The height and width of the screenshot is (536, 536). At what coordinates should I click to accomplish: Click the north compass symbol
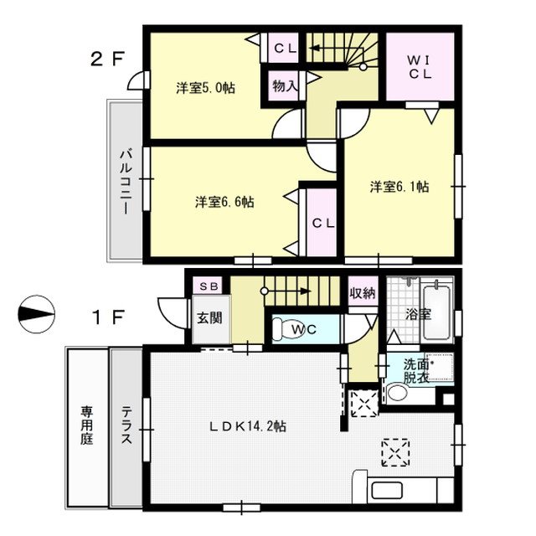36,314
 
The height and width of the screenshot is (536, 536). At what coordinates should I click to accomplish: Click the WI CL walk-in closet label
420,68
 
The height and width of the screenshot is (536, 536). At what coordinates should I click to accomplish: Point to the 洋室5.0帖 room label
206,89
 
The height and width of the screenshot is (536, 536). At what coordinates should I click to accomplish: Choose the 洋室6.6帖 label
224,202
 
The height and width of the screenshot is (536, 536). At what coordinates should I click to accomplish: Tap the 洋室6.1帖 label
399,187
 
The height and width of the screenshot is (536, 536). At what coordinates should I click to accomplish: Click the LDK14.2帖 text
248,426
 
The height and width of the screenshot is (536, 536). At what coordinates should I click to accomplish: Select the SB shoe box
208,286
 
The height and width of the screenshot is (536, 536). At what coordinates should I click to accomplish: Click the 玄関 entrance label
209,318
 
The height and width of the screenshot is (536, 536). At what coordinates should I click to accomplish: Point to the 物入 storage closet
284,86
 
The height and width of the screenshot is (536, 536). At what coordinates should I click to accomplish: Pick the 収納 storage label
363,293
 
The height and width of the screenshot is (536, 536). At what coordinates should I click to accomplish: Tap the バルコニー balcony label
125,182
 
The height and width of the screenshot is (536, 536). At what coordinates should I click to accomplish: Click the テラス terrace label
126,425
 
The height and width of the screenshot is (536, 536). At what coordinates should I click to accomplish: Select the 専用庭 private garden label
86,425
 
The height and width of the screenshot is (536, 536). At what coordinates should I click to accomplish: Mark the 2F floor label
106,60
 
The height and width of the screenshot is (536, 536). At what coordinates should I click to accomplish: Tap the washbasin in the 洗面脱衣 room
398,393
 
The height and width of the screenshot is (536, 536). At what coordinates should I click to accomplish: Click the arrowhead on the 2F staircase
317,48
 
